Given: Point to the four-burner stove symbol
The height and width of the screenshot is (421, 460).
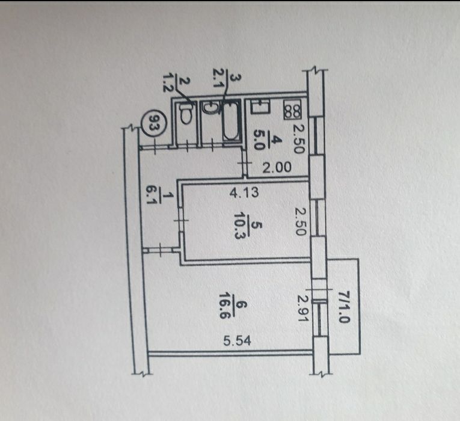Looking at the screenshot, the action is pos(292,109).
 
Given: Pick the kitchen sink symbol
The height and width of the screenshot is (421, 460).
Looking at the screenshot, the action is pos(260,106).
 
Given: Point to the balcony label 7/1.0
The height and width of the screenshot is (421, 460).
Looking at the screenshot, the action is pos(343,307).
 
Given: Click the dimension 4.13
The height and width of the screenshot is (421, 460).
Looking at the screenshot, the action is pos(244,192).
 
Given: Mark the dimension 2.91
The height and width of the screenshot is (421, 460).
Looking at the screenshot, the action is pos(302,308).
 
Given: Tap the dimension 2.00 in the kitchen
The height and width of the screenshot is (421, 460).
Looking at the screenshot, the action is pos(277,168).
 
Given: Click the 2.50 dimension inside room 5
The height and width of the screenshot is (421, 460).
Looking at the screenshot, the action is pos(301,222).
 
